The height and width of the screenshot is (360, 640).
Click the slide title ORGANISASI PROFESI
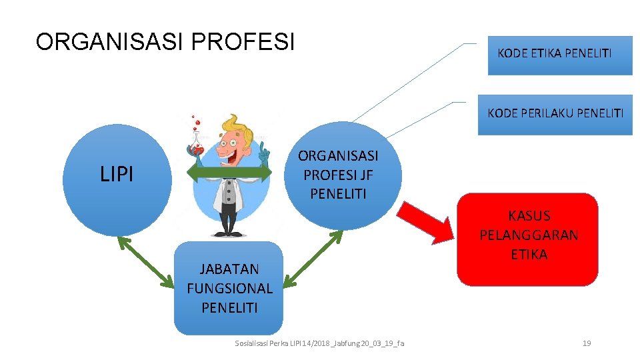pyautogui.click(x=165, y=41)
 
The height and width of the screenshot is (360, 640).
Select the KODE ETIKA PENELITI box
pyautogui.click(x=554, y=53)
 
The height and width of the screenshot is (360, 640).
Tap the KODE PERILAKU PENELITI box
pyautogui.click(x=555, y=113)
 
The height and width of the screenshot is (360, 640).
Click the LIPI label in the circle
pyautogui.click(x=117, y=175)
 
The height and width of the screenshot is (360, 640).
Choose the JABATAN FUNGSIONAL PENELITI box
pyautogui.click(x=229, y=288)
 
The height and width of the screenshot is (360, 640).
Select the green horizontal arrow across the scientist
pyautogui.click(x=229, y=174)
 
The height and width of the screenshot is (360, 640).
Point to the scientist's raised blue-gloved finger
pyautogui.click(x=265, y=151)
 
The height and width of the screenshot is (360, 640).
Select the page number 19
pyautogui.click(x=587, y=343)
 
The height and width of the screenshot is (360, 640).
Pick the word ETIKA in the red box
pyautogui.click(x=529, y=254)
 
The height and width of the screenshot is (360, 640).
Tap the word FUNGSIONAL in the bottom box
pyautogui.click(x=229, y=289)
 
